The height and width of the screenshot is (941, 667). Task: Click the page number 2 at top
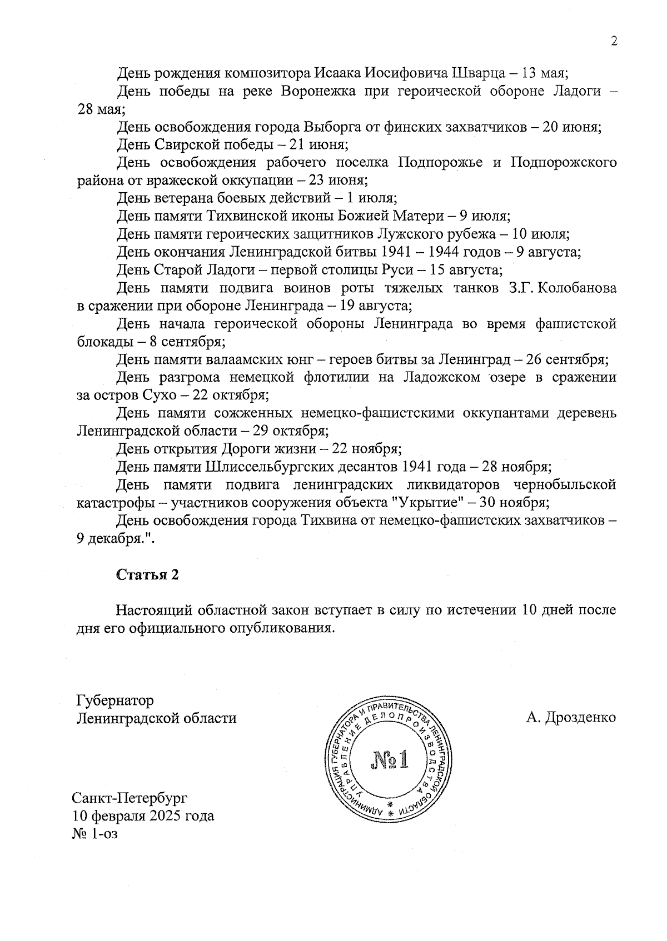(x=614, y=42)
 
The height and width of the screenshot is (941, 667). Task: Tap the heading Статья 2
(x=147, y=575)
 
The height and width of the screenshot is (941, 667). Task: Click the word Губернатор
(x=115, y=700)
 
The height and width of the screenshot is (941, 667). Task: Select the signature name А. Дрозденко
(x=571, y=718)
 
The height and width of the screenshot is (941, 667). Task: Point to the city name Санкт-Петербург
(x=130, y=799)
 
